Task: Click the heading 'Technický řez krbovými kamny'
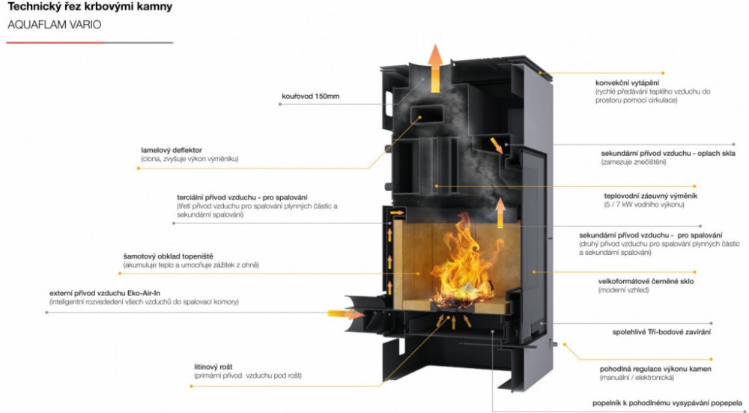pos(90,7)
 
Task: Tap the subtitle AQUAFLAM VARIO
pos(55,25)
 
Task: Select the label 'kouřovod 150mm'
pos(311,97)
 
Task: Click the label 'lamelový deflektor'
pos(172,150)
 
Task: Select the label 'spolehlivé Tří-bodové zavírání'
pos(661,332)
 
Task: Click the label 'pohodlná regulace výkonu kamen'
pos(655,369)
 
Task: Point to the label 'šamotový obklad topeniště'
pos(168,256)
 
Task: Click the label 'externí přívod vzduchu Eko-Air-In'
pos(105,293)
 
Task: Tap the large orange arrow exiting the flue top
pos(435,68)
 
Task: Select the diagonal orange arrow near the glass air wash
pos(497,145)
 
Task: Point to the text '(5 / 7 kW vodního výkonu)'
pos(644,205)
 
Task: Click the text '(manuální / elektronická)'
pos(637,378)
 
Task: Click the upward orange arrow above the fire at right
pos(500,213)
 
